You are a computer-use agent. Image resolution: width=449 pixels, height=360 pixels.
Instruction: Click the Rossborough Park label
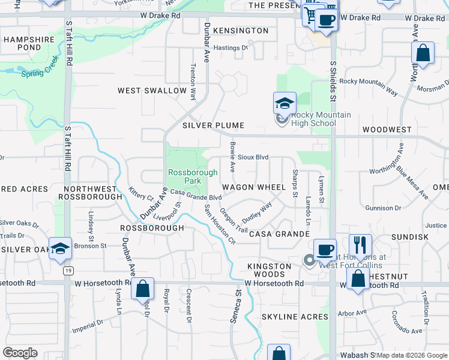click(x=184, y=176)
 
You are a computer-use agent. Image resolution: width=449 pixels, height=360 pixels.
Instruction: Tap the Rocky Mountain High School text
click(x=313, y=119)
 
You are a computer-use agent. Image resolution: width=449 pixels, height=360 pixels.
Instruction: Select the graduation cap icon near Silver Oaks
click(x=60, y=248)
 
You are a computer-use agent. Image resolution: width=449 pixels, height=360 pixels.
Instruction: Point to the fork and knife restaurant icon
click(x=360, y=245)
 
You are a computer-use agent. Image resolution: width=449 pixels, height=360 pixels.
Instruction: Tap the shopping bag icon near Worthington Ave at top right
click(x=423, y=53)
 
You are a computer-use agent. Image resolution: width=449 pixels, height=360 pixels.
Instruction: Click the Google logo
click(x=20, y=353)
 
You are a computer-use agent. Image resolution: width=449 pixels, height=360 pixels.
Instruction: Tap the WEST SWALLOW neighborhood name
click(x=152, y=91)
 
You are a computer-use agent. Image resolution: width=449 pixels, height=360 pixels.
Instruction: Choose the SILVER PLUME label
click(x=213, y=125)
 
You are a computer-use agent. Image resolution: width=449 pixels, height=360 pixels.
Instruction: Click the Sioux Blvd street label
click(x=253, y=157)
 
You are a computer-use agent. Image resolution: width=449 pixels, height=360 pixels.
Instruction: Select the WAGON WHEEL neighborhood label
click(x=254, y=187)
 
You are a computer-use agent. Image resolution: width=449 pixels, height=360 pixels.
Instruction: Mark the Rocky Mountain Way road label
click(x=369, y=86)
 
